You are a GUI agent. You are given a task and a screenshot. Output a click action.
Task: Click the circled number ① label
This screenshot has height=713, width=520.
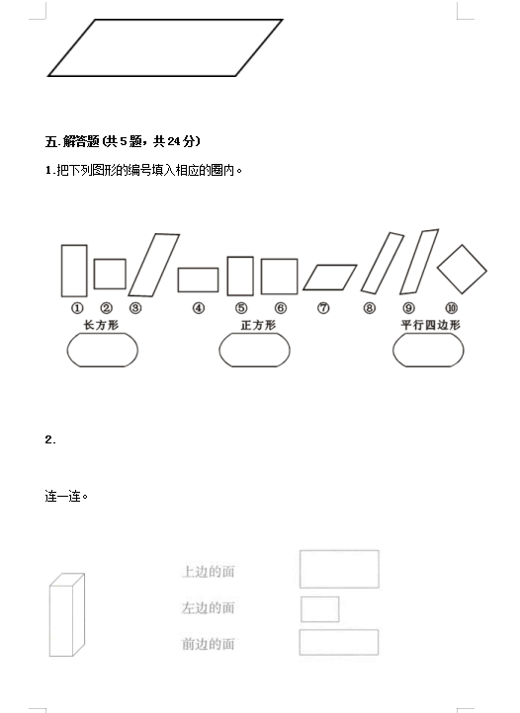(77, 308)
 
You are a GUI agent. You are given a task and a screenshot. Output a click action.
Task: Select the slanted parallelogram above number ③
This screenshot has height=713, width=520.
(154, 265)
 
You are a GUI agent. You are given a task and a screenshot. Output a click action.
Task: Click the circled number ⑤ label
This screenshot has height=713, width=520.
(241, 308)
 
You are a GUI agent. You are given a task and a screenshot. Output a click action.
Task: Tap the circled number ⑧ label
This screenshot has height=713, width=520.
(370, 308)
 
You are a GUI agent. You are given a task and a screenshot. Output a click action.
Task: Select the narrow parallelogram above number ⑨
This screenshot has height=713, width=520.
(419, 262)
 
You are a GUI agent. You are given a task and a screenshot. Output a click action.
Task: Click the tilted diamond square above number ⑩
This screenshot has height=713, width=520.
(463, 270)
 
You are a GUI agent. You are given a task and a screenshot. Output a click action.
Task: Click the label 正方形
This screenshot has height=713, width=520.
(258, 325)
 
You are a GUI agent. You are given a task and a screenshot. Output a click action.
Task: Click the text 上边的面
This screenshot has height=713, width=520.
(208, 572)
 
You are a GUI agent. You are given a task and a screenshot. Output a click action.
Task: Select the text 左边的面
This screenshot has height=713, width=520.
(208, 607)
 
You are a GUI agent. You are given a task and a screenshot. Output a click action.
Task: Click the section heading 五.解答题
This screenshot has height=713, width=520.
(72, 141)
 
